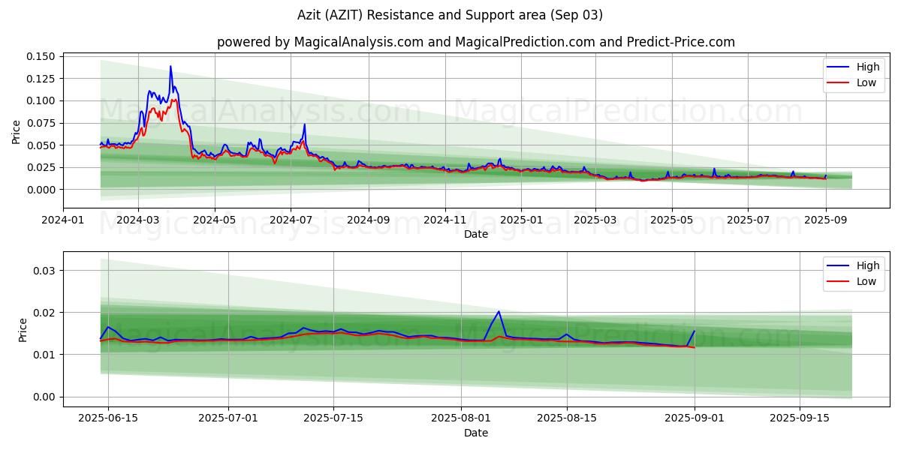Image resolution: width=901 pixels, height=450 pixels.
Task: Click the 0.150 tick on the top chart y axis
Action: [x=41, y=56]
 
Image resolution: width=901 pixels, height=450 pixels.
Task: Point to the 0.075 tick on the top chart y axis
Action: [x=41, y=123]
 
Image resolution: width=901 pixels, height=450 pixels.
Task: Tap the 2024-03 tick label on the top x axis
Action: [x=138, y=220]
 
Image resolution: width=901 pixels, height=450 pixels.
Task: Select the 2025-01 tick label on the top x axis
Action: [x=520, y=220]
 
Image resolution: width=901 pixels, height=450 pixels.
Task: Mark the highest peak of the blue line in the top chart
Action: [x=170, y=66]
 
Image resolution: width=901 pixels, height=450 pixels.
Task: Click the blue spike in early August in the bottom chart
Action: [x=499, y=311]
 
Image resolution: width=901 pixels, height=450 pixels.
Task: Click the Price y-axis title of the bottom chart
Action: [x=23, y=330]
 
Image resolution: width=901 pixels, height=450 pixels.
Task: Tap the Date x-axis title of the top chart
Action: [x=476, y=234]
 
